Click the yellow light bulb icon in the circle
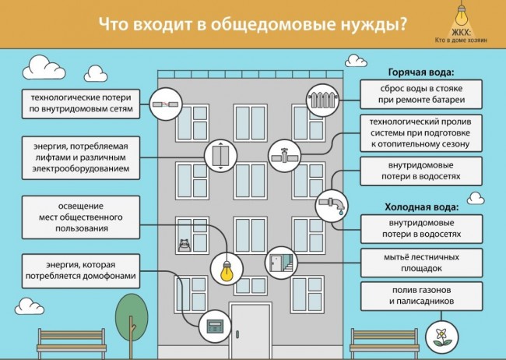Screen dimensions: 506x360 (227, 269)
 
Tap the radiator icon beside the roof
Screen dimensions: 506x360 (323, 101)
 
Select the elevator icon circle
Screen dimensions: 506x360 (221, 155)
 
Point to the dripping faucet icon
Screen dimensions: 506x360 (332, 206)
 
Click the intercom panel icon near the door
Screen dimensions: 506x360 (215, 326)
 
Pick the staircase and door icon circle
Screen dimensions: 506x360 (281, 263)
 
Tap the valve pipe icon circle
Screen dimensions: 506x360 (284, 156)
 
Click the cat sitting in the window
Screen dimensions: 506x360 (184, 245)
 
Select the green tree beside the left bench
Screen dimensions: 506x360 (132, 320)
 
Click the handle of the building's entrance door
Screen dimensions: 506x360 (237, 334)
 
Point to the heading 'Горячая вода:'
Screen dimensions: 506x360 (421, 72)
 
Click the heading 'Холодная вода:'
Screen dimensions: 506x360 (421, 207)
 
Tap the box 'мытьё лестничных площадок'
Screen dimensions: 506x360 (421, 263)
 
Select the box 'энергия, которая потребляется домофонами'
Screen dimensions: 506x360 (81, 271)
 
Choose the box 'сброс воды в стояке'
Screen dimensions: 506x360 (421, 94)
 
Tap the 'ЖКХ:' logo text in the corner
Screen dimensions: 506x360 (461, 33)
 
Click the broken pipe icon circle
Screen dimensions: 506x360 (166, 104)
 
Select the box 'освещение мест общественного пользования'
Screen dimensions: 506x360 (81, 217)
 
